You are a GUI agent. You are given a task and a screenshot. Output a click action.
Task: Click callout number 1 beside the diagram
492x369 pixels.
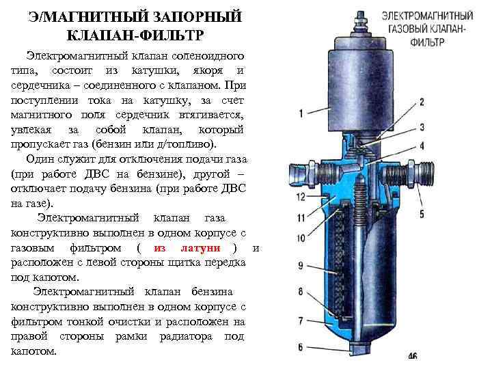(301, 113)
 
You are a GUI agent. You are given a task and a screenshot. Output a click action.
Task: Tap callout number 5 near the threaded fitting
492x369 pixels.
(421, 214)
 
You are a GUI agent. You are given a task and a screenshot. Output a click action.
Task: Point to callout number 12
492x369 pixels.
(300, 197)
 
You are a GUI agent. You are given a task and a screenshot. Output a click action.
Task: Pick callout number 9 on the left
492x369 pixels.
(301, 265)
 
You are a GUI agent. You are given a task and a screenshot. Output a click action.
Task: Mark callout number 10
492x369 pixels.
(301, 238)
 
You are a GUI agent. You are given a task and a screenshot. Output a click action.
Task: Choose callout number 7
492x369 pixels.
(301, 320)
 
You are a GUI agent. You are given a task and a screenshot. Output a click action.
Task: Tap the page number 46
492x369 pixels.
(412, 356)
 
